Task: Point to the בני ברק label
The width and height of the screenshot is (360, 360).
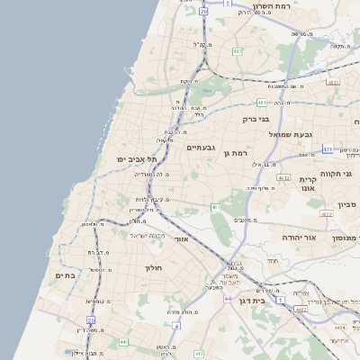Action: pos(256,118)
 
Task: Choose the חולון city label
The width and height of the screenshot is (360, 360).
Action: pos(151,267)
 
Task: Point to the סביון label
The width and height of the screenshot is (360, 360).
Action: pos(348,205)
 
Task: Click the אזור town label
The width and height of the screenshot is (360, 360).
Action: pos(180,239)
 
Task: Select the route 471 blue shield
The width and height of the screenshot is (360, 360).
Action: pos(328,148)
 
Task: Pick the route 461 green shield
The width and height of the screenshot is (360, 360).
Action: pos(216,208)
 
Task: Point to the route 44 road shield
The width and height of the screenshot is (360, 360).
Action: pos(228,298)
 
